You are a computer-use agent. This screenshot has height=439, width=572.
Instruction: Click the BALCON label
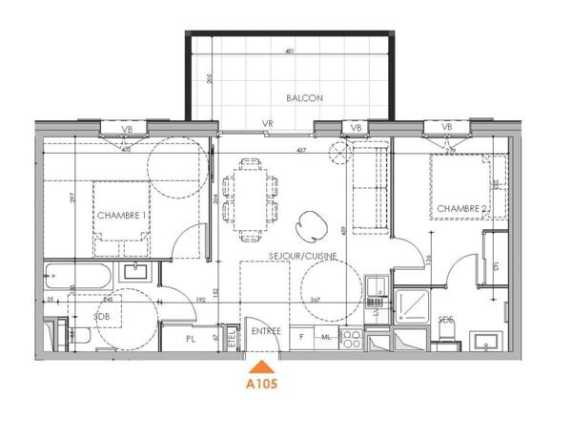point(304,98)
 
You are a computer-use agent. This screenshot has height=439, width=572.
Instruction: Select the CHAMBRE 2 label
point(462,209)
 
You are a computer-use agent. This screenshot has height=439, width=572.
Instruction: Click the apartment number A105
point(262,386)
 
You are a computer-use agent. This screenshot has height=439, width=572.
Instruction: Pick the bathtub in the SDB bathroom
point(81,278)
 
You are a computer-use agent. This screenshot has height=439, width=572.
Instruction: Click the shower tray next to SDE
point(414,305)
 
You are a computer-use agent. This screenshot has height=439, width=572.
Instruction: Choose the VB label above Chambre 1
point(128,128)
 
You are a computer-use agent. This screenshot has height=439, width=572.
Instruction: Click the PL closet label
point(191,337)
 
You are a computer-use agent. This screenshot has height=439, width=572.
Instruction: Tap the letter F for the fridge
point(302,336)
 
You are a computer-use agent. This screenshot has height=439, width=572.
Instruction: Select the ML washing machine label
point(325,336)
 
